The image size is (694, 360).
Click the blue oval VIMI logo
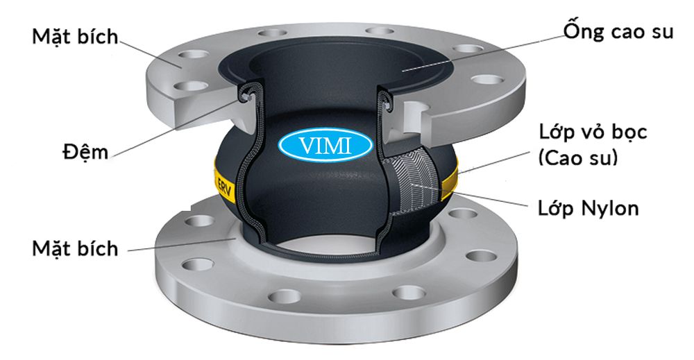pyautogui.click(x=325, y=144)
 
